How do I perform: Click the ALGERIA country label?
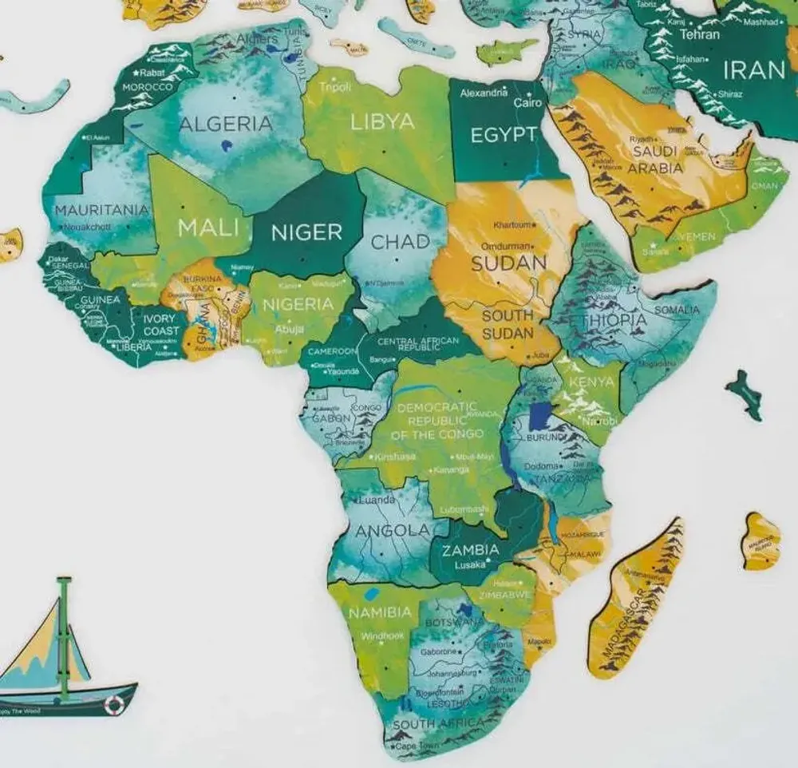(x=226, y=124)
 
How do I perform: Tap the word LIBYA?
(x=383, y=121)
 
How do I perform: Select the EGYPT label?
(x=503, y=135)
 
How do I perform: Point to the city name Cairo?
(x=527, y=104)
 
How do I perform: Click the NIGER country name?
(x=306, y=232)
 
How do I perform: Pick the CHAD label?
(x=400, y=241)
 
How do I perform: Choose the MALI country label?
(x=208, y=228)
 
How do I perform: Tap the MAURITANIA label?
(x=101, y=210)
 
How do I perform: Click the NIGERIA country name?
(x=298, y=304)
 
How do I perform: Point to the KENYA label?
(x=591, y=382)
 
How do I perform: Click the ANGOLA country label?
(x=393, y=531)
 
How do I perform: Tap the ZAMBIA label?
(x=470, y=549)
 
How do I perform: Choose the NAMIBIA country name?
(x=381, y=612)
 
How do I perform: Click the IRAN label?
(x=754, y=69)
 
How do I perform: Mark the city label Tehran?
(x=699, y=34)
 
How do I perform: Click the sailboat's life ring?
(x=114, y=703)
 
